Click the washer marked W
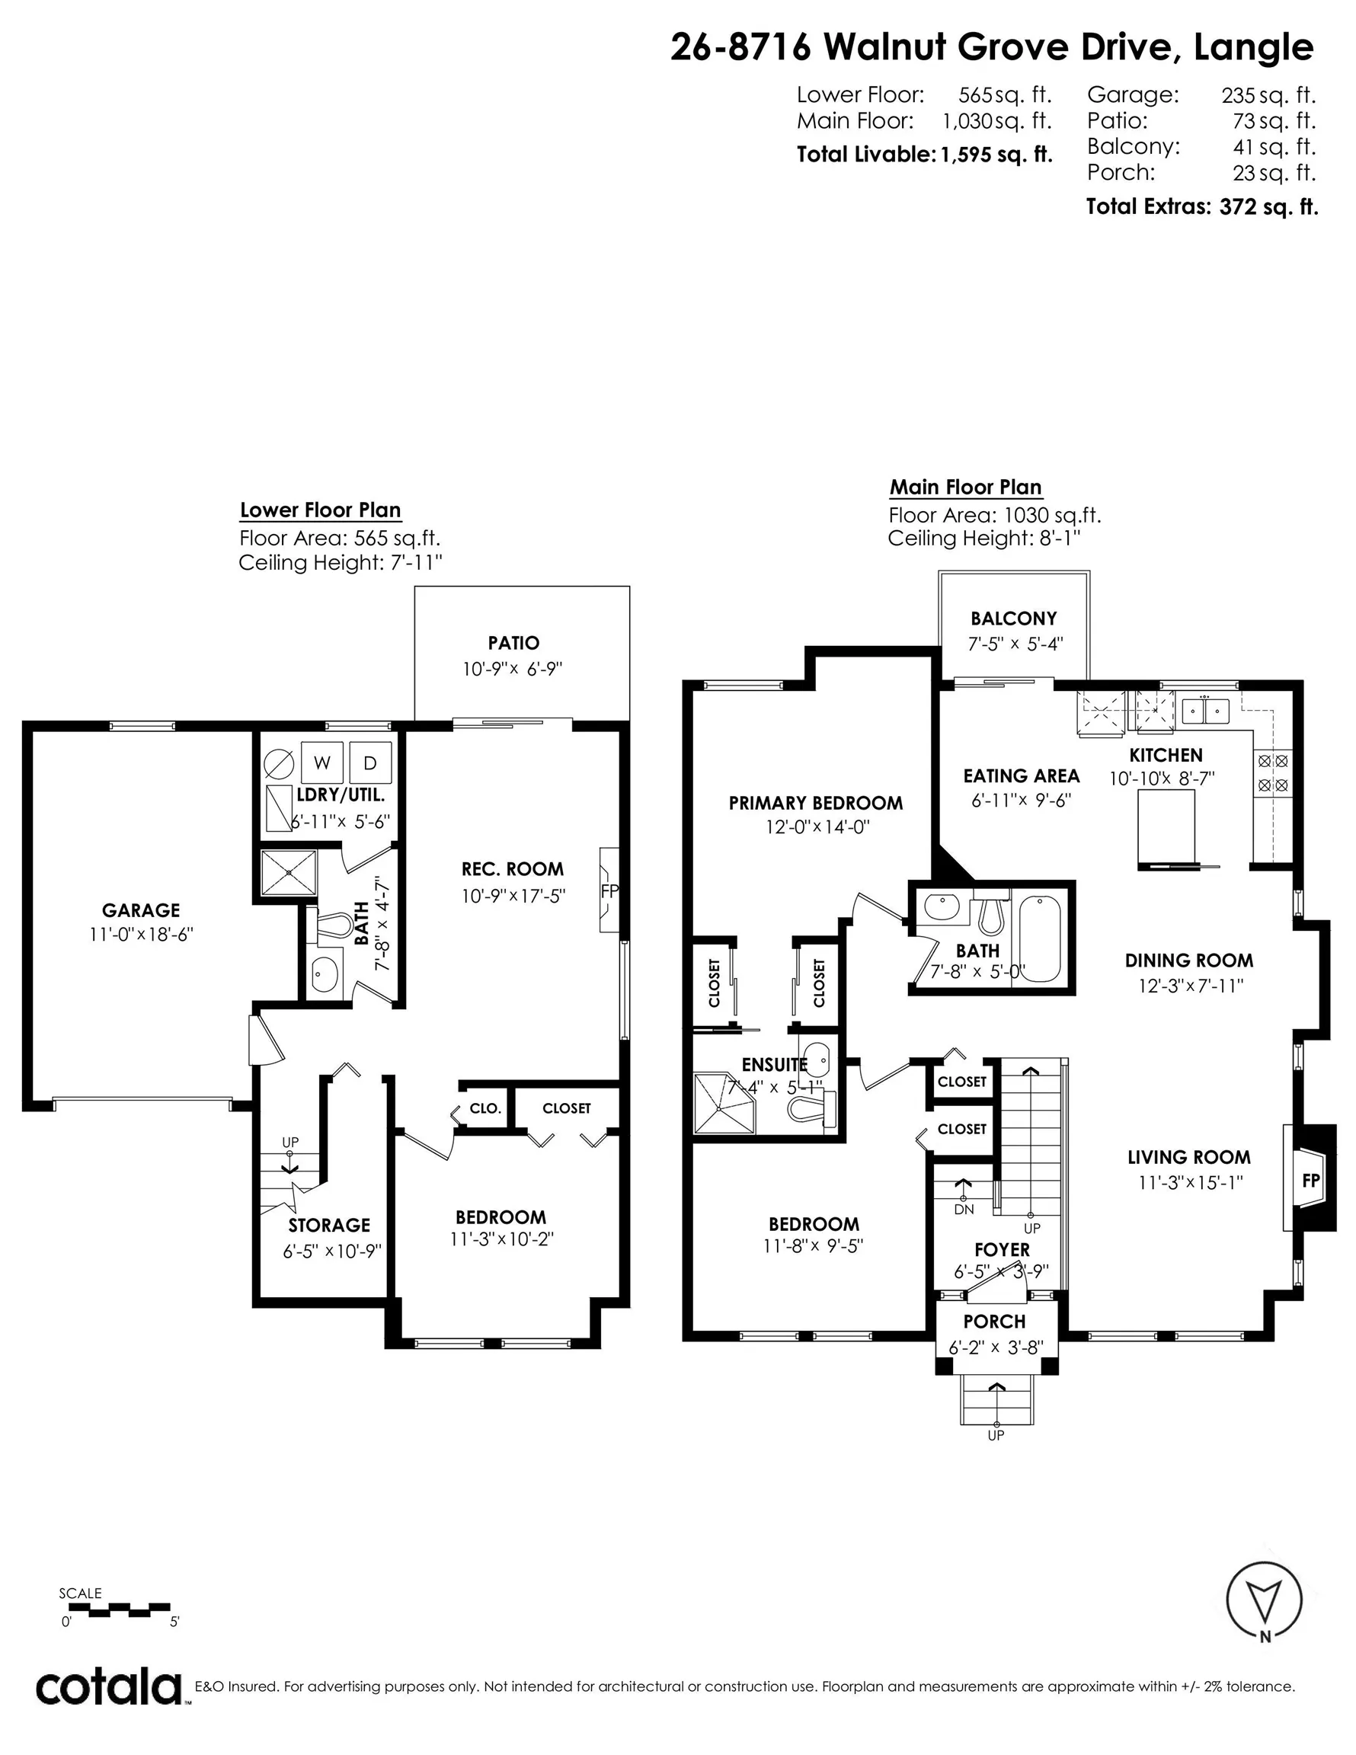[x=322, y=762]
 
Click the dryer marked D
[x=370, y=762]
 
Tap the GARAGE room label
[x=141, y=909]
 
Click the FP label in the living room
[x=1311, y=1180]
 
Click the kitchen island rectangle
[x=1166, y=829]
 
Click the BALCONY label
[x=1014, y=618]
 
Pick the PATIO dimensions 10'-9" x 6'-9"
[x=512, y=669]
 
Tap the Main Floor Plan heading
[x=965, y=487]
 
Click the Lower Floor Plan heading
[x=320, y=510]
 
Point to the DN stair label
[x=964, y=1209]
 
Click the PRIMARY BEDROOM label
[x=815, y=803]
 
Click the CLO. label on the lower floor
[x=485, y=1108]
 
